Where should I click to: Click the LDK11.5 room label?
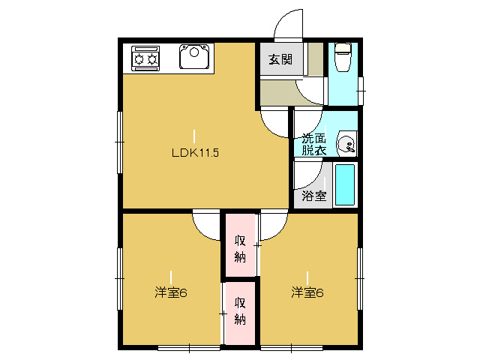coord(195,152)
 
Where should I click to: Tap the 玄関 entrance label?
coord(280,59)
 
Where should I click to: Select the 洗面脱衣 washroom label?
coord(313,145)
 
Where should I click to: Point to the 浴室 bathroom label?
coord(313,196)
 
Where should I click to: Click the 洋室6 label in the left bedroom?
coord(171,292)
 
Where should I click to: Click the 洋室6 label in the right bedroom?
coord(307,292)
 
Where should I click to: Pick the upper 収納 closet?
coord(240,249)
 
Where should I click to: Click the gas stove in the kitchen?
coord(145,58)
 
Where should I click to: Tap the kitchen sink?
coord(194,56)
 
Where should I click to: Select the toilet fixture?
coord(343,57)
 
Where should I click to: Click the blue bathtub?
coord(345,185)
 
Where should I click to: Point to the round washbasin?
coord(346,144)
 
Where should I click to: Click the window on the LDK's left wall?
coord(120,142)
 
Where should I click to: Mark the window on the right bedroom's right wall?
coord(360,279)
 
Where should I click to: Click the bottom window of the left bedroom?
coord(189,348)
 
